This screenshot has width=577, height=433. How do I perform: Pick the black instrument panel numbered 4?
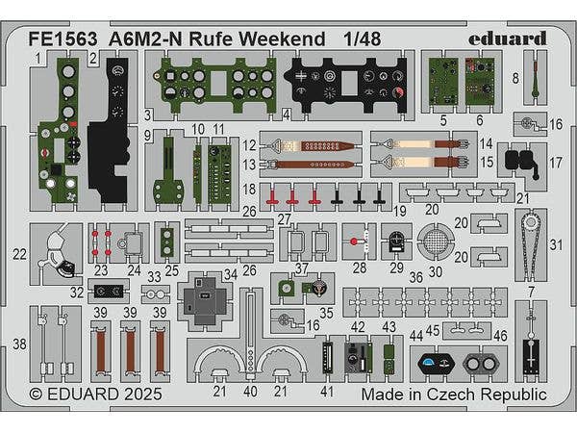pos(347,80)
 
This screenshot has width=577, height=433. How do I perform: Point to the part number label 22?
pos(20,254)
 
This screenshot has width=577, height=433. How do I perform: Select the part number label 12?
pos(249,145)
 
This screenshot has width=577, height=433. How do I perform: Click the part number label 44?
pos(415,335)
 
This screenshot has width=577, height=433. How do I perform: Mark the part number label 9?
pos(149,136)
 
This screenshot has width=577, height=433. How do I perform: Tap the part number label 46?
pos(499,335)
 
